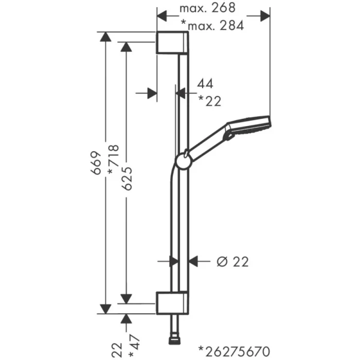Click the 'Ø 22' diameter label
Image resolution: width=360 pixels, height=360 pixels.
click(x=232, y=262)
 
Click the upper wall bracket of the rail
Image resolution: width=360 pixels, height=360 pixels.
click(x=171, y=43)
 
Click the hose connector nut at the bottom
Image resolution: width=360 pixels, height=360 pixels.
click(x=174, y=341)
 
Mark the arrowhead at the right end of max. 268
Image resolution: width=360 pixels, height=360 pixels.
click(x=265, y=16)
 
